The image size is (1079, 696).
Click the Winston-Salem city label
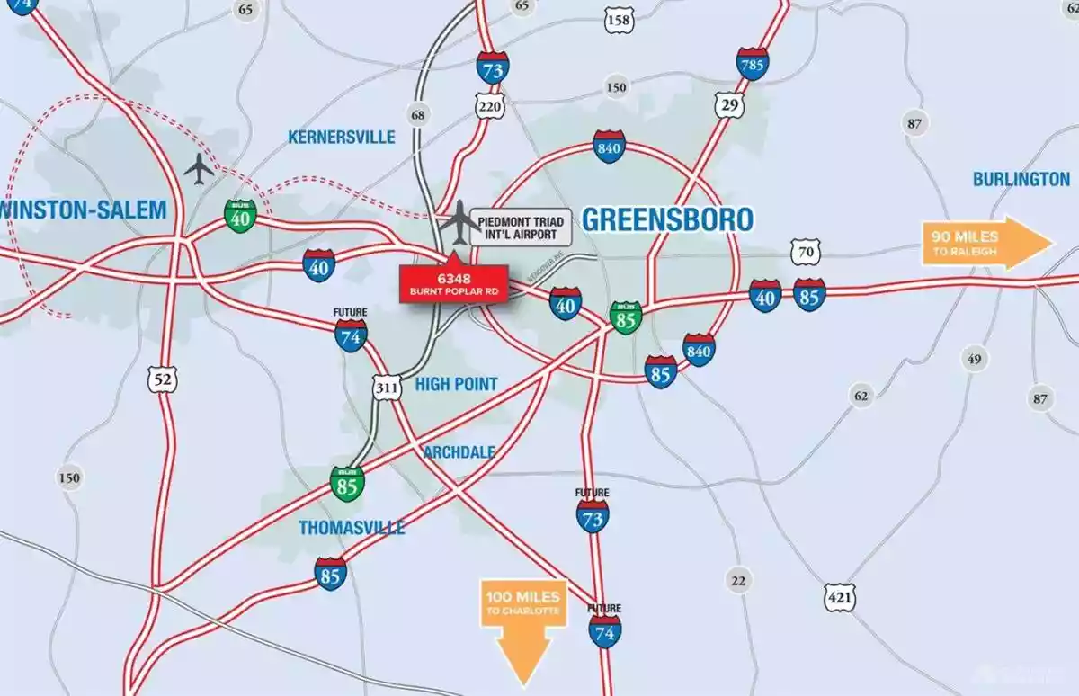click(86, 210)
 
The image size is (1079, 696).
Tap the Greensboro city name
click(667, 219)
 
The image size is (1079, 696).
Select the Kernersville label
click(341, 137)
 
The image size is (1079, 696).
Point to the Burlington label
click(1021, 179)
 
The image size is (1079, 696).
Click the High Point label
click(456, 384)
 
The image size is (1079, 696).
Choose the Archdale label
click(459, 451)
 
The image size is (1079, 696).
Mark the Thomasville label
click(352, 527)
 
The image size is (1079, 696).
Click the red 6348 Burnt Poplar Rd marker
click(454, 282)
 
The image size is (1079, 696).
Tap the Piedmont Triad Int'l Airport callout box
click(522, 228)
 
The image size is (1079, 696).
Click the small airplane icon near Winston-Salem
click(199, 168)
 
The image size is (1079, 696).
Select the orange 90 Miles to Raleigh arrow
click(985, 243)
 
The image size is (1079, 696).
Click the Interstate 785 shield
click(752, 64)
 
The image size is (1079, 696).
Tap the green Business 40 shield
click(240, 214)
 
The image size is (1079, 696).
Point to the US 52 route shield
click(163, 379)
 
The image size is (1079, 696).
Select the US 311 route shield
click(387, 388)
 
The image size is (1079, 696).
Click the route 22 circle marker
click(738, 581)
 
